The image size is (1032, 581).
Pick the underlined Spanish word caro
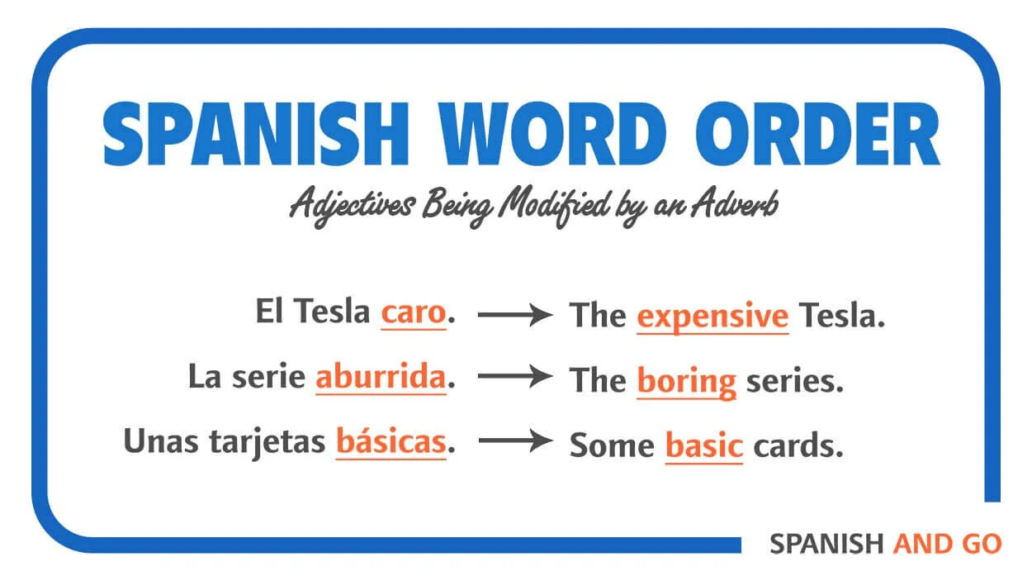pyautogui.click(x=413, y=313)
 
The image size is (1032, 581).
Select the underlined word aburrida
pyautogui.click(x=381, y=378)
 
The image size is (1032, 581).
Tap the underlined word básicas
pyautogui.click(x=391, y=442)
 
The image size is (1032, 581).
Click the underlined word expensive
pyautogui.click(x=712, y=317)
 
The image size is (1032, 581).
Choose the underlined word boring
pyautogui.click(x=686, y=382)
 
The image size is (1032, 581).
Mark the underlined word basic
pyautogui.click(x=703, y=445)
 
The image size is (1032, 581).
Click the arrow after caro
pyautogui.click(x=515, y=314)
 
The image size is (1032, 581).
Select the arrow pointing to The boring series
pyautogui.click(x=515, y=378)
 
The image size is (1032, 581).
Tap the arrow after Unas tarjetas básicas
pyautogui.click(x=515, y=441)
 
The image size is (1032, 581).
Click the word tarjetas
pyautogui.click(x=277, y=443)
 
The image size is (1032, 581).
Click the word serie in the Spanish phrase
pyautogui.click(x=269, y=378)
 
